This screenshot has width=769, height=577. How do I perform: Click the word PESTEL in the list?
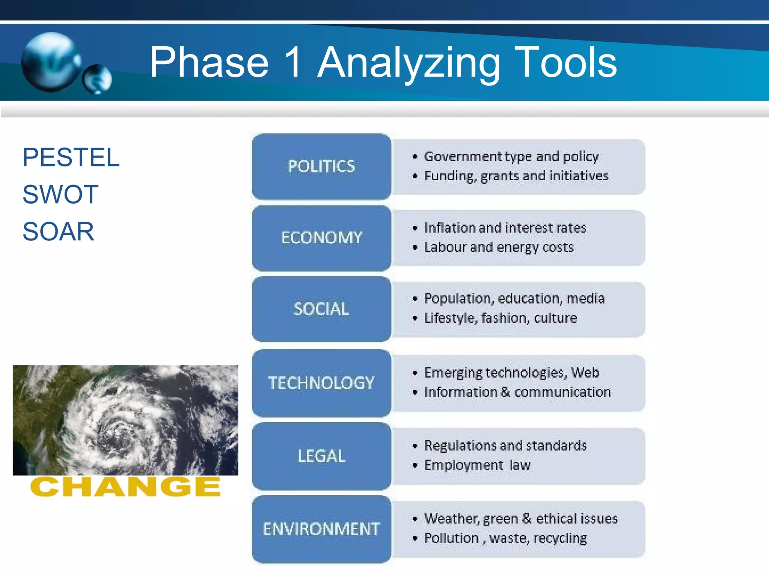pyautogui.click(x=71, y=157)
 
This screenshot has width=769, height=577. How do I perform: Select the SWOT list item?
pyautogui.click(x=60, y=194)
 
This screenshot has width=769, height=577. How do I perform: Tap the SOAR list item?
pyautogui.click(x=58, y=231)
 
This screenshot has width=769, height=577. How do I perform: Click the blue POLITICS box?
pyautogui.click(x=321, y=166)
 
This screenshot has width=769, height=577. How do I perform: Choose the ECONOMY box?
pyautogui.click(x=321, y=237)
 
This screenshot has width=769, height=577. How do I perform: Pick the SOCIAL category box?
pyautogui.click(x=321, y=309)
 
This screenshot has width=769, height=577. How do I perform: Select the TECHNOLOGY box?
pyautogui.click(x=321, y=383)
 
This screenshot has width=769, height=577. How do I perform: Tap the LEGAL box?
pyautogui.click(x=321, y=456)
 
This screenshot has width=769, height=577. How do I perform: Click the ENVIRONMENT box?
pyautogui.click(x=321, y=529)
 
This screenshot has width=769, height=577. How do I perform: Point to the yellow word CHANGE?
pyautogui.click(x=125, y=487)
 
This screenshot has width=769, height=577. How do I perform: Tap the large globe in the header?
pyautogui.click(x=51, y=62)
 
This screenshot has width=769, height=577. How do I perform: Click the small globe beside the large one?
pyautogui.click(x=97, y=79)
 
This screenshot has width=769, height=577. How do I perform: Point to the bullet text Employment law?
pyautogui.click(x=477, y=465)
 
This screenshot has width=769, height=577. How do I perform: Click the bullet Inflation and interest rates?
pyautogui.click(x=505, y=228)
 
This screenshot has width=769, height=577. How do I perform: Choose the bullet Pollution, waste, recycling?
pyautogui.click(x=505, y=538)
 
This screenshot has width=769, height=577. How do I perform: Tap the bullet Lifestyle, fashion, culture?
pyautogui.click(x=501, y=318)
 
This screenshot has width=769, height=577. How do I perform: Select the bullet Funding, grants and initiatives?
pyautogui.click(x=516, y=176)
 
